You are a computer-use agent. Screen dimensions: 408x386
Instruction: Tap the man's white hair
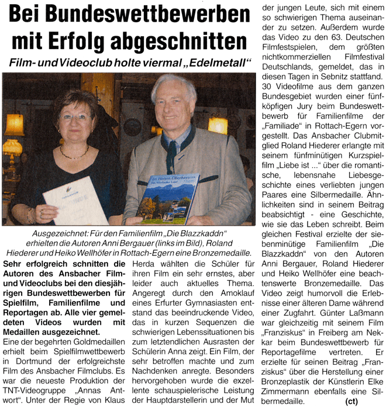tap(174, 86)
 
